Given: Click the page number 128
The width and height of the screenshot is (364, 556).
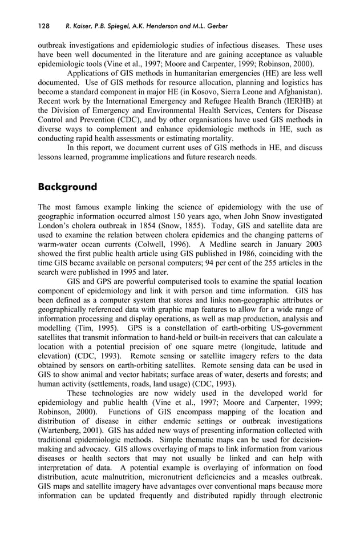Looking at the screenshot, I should click(x=45, y=26).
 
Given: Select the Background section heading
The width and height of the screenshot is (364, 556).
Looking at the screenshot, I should click(x=67, y=187).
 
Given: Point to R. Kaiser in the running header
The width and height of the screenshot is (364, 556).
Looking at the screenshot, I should click(x=80, y=26).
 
